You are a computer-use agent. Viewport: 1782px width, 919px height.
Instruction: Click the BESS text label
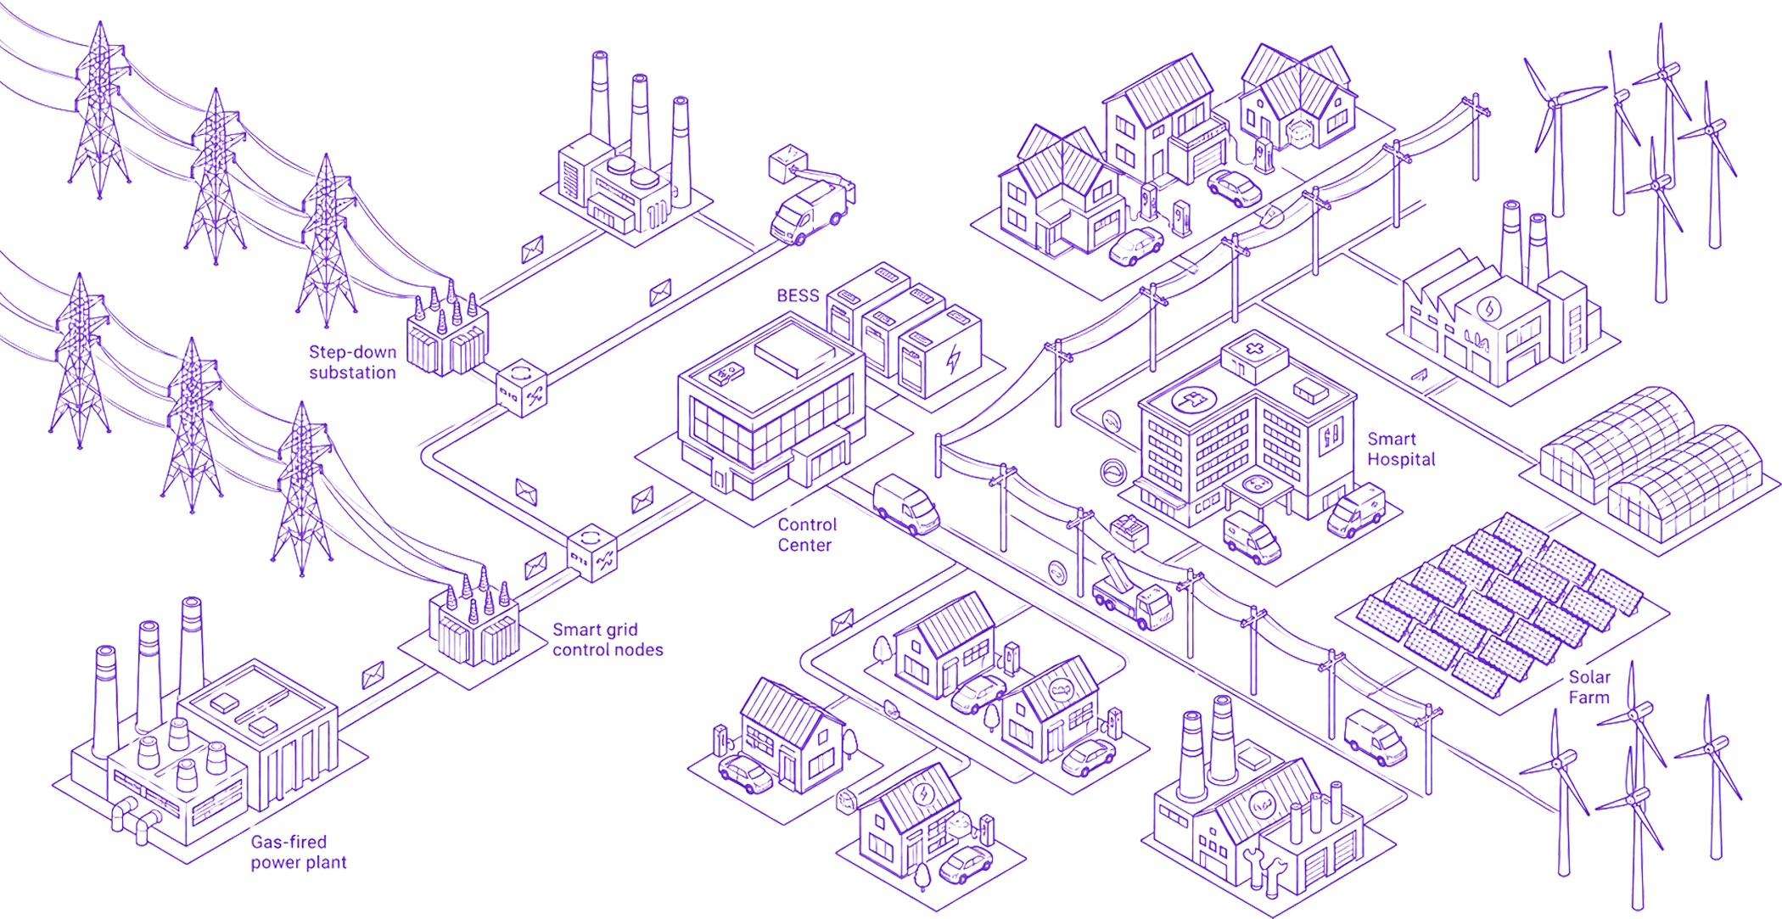[798, 296]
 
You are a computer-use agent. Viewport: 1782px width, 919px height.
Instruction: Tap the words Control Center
[807, 535]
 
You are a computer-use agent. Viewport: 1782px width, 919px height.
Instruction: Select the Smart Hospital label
[1401, 450]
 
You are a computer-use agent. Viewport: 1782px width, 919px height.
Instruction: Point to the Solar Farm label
[1589, 687]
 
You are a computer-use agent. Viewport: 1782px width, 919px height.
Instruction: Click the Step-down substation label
[352, 362]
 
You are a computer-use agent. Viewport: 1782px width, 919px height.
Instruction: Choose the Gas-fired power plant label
[298, 852]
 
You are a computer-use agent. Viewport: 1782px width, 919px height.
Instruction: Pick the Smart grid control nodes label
[608, 640]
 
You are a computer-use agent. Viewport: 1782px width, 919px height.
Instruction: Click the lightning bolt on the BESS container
[954, 359]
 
